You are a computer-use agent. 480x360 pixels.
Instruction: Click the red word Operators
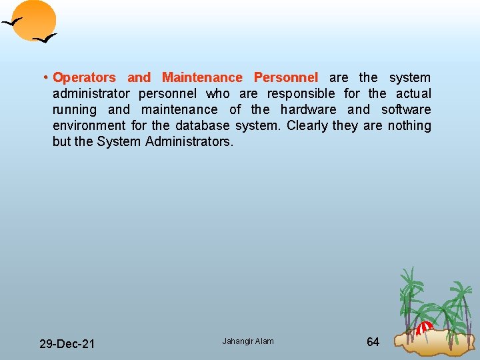point(84,78)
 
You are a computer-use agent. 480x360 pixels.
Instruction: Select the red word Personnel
point(285,78)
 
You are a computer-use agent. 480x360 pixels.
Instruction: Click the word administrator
point(91,94)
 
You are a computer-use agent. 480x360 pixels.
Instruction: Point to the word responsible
point(301,94)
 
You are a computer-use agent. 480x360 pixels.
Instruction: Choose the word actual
point(413,94)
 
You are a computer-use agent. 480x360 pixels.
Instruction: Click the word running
point(75,110)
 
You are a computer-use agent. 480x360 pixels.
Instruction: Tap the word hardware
point(308,110)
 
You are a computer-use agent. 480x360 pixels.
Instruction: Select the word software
point(406,110)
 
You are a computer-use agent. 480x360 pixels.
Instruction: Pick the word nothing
point(407,126)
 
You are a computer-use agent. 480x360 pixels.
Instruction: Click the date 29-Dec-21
point(67,344)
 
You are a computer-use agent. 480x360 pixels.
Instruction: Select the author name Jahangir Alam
point(248,341)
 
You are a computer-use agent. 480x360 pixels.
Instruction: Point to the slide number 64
point(373,342)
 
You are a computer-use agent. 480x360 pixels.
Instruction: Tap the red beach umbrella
point(425,327)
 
